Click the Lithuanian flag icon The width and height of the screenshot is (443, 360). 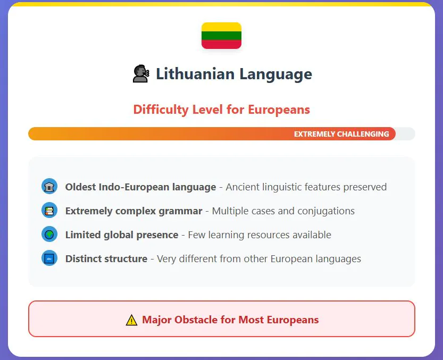coord(221,36)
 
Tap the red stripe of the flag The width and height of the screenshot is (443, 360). coord(221,44)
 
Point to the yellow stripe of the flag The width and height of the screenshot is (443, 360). coord(221,27)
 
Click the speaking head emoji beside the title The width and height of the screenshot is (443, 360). coord(141,74)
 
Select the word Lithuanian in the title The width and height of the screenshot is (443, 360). coord(195,74)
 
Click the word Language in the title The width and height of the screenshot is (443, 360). coord(275,74)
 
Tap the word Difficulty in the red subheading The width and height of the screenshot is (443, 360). coord(161,110)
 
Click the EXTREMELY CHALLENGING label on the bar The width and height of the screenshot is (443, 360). coord(341,134)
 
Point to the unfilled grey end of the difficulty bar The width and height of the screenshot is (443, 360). coord(405,133)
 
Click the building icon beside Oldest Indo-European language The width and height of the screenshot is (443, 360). coord(49,187)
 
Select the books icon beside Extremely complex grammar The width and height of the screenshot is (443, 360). coord(49,211)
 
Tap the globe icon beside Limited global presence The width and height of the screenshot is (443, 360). coord(49,235)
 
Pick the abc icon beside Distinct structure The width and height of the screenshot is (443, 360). coord(49,258)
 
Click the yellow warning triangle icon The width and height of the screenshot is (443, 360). coord(131,320)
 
